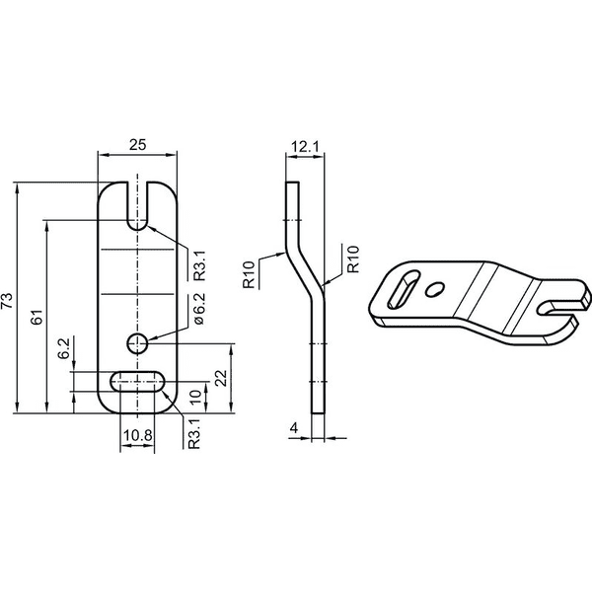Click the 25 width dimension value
point(137,145)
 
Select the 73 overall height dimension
point(8,301)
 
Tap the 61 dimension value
point(37,317)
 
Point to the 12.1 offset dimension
point(306,146)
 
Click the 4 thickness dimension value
point(294,428)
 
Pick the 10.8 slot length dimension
point(137,435)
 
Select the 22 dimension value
point(222,378)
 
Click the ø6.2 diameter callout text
point(199,309)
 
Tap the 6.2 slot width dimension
point(64,348)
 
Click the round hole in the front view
point(137,343)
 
